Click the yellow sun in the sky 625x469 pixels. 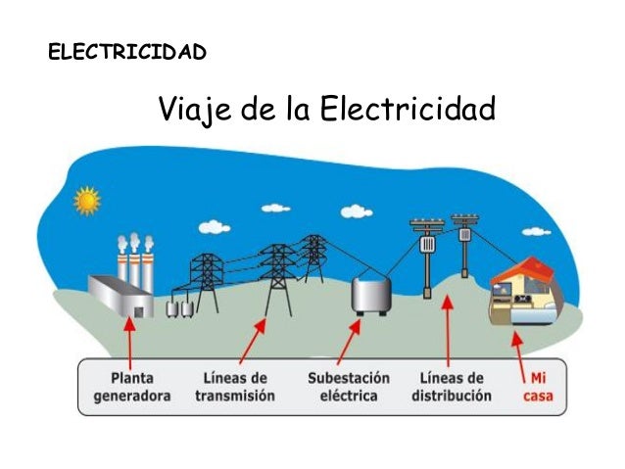click(87, 201)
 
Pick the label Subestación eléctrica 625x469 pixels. click(348, 387)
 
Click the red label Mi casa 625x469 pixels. click(539, 387)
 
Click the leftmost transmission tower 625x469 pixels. click(207, 285)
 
